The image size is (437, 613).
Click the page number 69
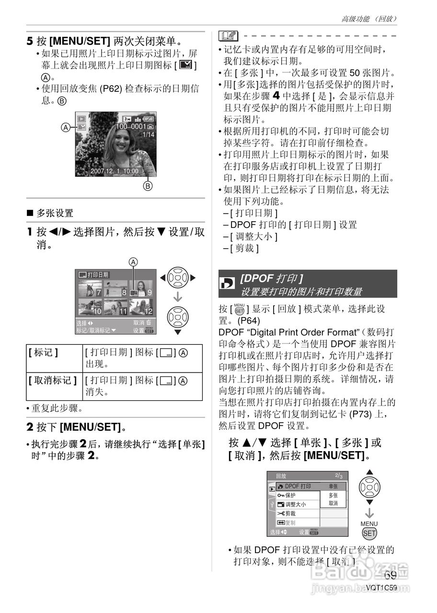(x=390, y=576)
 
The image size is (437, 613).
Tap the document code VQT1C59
(x=381, y=588)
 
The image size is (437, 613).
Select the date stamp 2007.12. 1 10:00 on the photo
(x=115, y=171)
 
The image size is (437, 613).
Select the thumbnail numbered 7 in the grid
(x=90, y=288)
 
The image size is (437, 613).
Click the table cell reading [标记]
(x=44, y=352)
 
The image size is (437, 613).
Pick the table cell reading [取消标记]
(x=53, y=381)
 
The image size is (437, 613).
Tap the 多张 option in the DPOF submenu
(x=333, y=495)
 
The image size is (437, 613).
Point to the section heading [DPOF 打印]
(x=271, y=279)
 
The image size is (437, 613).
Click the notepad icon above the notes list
(x=227, y=36)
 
